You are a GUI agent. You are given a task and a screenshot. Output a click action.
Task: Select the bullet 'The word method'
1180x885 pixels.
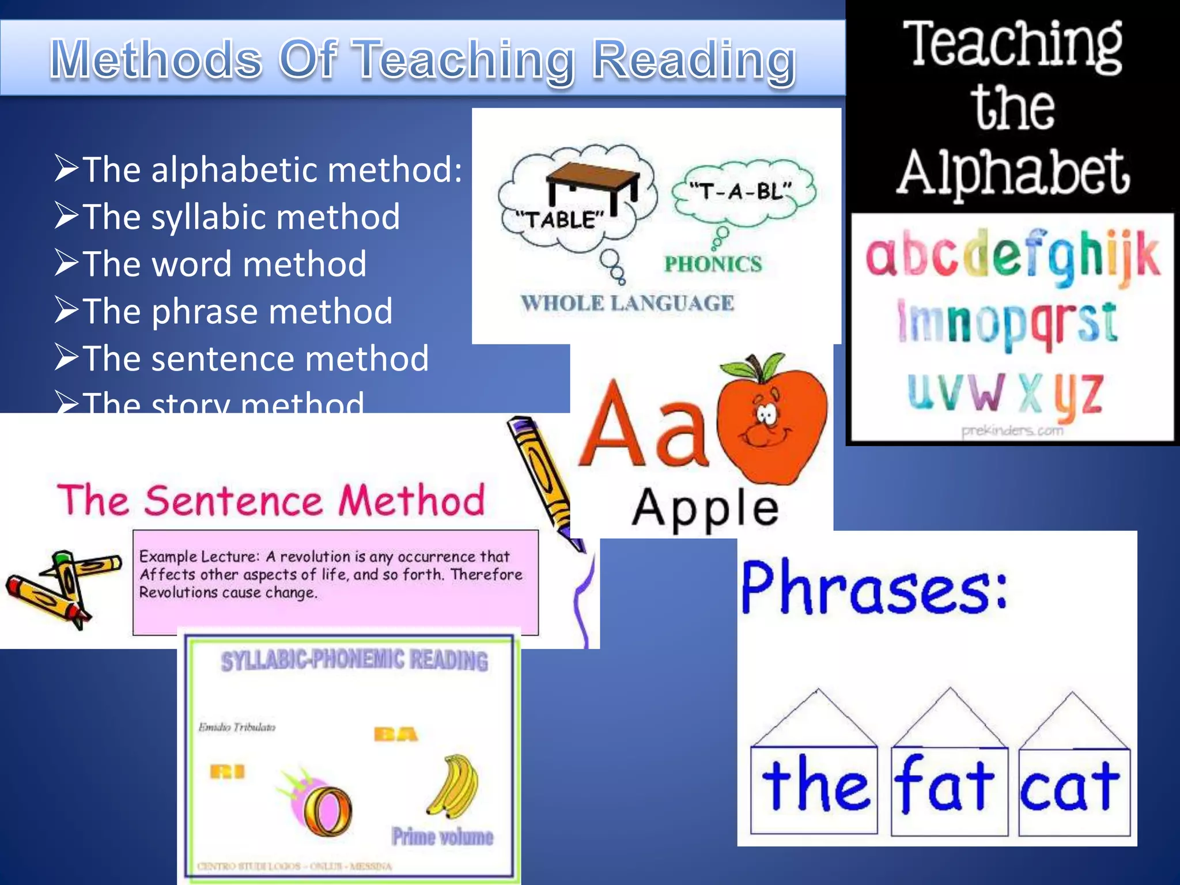(224, 264)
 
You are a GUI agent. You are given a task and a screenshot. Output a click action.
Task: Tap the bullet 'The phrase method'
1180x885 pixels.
(237, 312)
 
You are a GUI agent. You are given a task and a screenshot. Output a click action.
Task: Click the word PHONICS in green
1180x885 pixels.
(713, 264)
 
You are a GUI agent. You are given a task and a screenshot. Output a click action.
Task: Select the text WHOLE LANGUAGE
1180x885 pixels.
(627, 303)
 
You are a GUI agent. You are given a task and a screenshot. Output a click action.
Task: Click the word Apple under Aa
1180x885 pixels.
(705, 508)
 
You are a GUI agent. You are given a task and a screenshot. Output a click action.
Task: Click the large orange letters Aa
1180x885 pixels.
(642, 426)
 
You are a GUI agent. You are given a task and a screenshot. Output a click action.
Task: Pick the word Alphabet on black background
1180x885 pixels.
(1012, 172)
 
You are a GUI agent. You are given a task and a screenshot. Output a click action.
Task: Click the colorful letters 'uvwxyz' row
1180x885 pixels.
(1005, 394)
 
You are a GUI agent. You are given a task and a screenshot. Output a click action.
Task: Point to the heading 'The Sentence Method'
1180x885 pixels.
(271, 500)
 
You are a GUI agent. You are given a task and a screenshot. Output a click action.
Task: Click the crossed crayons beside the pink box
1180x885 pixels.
(63, 588)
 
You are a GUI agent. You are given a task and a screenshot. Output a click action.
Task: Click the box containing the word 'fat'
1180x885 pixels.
(949, 791)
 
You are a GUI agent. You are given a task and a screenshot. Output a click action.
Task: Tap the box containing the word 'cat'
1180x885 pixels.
(1073, 791)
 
